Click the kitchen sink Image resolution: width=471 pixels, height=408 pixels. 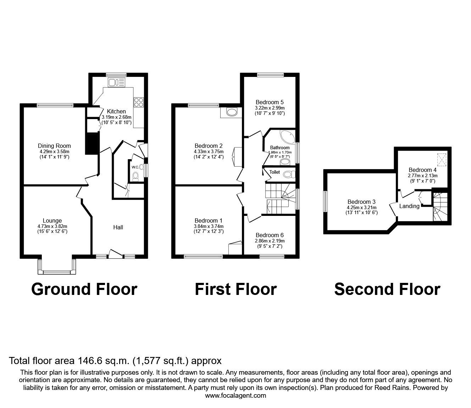(x=117, y=82)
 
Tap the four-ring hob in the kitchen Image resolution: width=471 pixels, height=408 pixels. (x=139, y=102)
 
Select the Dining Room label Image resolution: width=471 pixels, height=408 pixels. (x=54, y=146)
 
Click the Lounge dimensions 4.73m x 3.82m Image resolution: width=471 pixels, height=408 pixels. (x=52, y=226)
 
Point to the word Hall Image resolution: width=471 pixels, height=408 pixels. (x=118, y=227)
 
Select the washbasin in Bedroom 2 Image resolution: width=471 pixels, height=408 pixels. (x=232, y=112)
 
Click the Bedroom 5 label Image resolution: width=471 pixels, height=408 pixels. (x=270, y=102)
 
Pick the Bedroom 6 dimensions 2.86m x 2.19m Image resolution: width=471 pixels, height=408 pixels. (x=270, y=241)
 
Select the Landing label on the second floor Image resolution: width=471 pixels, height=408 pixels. (x=409, y=206)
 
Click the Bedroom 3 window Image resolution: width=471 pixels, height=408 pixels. (x=326, y=201)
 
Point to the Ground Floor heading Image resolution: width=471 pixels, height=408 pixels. (x=84, y=289)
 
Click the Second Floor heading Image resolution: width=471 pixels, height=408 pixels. (x=387, y=289)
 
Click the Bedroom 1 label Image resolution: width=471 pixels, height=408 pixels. (x=209, y=220)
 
